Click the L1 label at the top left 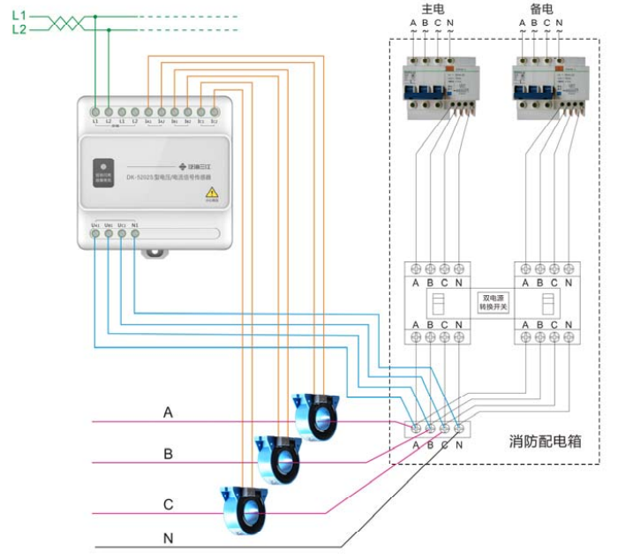19,16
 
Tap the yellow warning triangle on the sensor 212,193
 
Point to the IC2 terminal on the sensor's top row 215,112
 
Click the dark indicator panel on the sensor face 103,171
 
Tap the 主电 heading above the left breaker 433,9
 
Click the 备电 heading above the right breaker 541,9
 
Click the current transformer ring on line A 314,416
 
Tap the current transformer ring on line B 277,458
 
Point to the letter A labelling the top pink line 168,412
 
